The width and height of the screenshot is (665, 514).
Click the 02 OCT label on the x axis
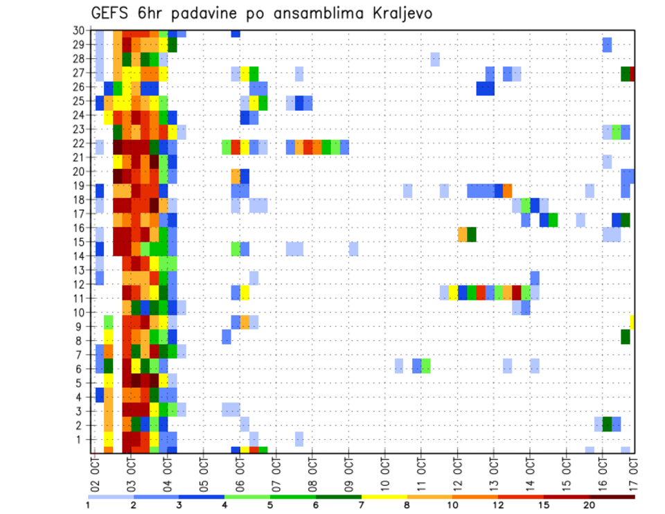[95, 472]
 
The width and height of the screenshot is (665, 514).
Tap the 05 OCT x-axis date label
[204, 472]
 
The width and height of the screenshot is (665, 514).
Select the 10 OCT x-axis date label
[385, 472]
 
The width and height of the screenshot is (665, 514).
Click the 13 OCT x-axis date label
[494, 472]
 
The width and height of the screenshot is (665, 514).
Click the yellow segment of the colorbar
[384, 496]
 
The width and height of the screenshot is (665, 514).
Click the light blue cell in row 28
[435, 58]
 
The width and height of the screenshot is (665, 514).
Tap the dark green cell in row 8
[625, 337]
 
